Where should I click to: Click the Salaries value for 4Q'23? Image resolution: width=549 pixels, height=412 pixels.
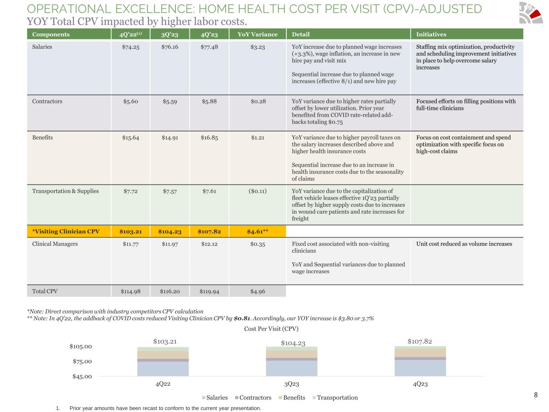coord(209,47)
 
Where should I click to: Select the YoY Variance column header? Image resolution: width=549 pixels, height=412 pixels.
coord(257,35)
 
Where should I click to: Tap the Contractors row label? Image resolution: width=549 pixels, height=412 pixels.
coord(47,101)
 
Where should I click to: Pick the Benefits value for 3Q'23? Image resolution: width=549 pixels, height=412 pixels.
coord(170,138)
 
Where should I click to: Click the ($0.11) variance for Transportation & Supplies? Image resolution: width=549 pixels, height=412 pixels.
coord(257,191)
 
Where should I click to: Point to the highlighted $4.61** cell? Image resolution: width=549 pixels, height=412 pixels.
coord(257,231)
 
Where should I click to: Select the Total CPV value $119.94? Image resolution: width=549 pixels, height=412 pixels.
coord(209,291)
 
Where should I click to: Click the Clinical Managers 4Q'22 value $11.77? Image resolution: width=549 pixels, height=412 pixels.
coord(131,244)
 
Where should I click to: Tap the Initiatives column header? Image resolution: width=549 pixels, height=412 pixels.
coord(431,35)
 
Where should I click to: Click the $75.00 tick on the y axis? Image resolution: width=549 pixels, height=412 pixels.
coord(82,361)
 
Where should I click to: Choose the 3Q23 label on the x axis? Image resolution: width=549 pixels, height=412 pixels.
coord(292,384)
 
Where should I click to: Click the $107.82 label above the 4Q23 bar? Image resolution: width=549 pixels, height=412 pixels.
coord(419,341)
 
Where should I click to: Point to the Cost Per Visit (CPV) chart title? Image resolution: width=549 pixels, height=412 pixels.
coord(271,329)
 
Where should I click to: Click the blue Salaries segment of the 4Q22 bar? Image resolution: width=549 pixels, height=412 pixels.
coord(163,369)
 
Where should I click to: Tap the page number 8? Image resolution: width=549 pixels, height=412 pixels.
coord(536,395)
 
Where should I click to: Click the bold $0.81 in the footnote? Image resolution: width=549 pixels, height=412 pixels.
coord(241,318)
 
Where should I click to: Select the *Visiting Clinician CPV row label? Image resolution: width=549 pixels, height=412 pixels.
coord(66,231)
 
